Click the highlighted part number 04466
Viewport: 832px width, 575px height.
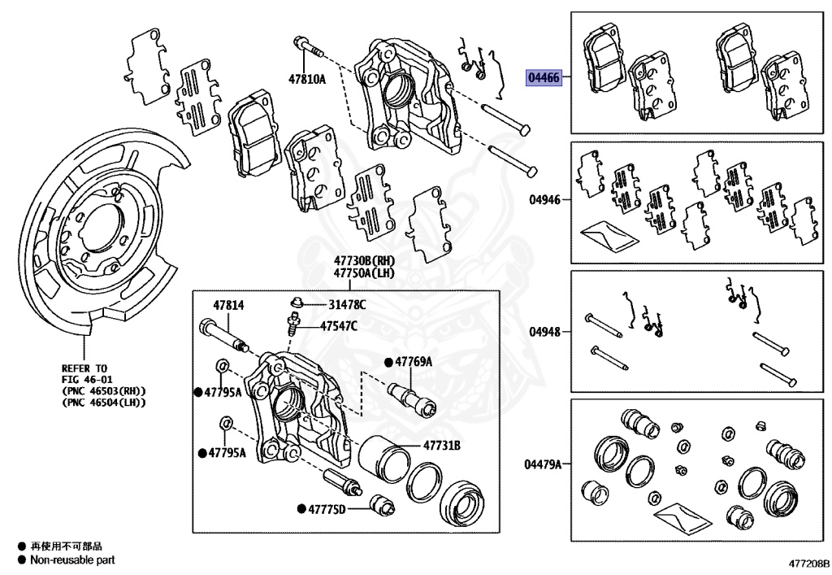tap(544, 78)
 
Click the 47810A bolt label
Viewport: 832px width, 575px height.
tap(306, 79)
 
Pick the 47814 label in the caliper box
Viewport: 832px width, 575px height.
tap(228, 305)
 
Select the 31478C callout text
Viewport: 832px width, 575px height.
tap(347, 304)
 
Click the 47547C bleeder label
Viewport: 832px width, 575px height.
tap(339, 325)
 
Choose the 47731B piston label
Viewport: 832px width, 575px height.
tap(441, 446)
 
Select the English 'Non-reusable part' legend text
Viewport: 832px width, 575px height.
tap(72, 560)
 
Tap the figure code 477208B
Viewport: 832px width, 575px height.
tap(808, 563)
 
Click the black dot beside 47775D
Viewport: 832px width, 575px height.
tap(301, 509)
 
